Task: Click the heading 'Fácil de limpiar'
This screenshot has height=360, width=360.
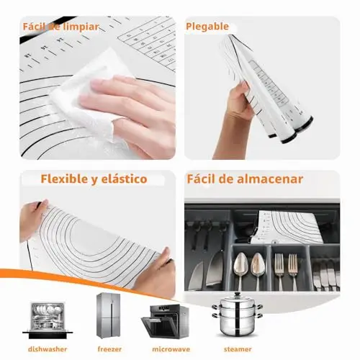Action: [60, 27]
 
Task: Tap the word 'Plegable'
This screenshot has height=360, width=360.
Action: [207, 27]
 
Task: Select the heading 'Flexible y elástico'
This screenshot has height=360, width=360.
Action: [94, 179]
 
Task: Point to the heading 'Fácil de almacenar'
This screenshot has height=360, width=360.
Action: [245, 179]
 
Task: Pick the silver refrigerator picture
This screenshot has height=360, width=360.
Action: [108, 315]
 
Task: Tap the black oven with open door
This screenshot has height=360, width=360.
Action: [166, 321]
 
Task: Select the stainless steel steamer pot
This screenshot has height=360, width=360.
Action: [237, 314]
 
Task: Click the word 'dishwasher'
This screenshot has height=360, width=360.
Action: [48, 349]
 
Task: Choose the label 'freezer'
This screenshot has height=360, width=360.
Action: [109, 349]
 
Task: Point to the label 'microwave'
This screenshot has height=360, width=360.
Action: [171, 349]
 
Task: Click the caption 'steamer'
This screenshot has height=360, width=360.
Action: [238, 349]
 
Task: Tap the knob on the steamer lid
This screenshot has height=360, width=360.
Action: [237, 294]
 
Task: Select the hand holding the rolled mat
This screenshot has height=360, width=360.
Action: [236, 115]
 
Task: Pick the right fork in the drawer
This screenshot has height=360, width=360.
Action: [293, 269]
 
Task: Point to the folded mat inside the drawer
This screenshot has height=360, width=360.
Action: [287, 227]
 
